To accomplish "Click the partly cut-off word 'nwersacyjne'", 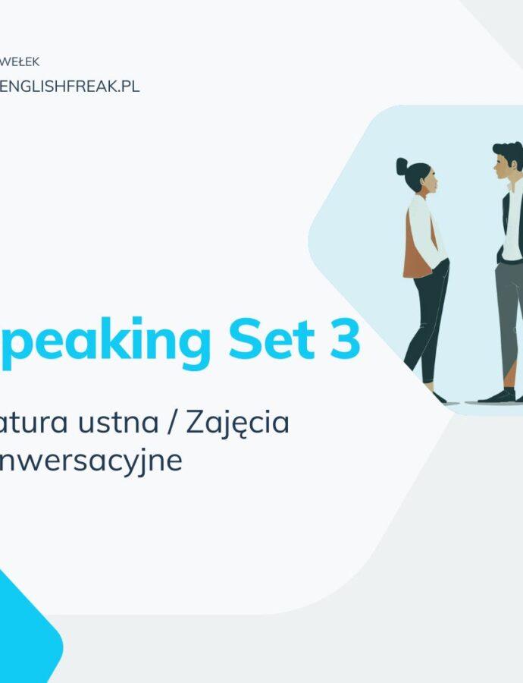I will (91, 460).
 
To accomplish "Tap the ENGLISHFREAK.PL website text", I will (70, 86).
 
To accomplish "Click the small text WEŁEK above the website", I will (20, 62).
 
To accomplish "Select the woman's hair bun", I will (402, 166).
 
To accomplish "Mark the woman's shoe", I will (438, 397).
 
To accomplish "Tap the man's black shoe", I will (500, 396).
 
